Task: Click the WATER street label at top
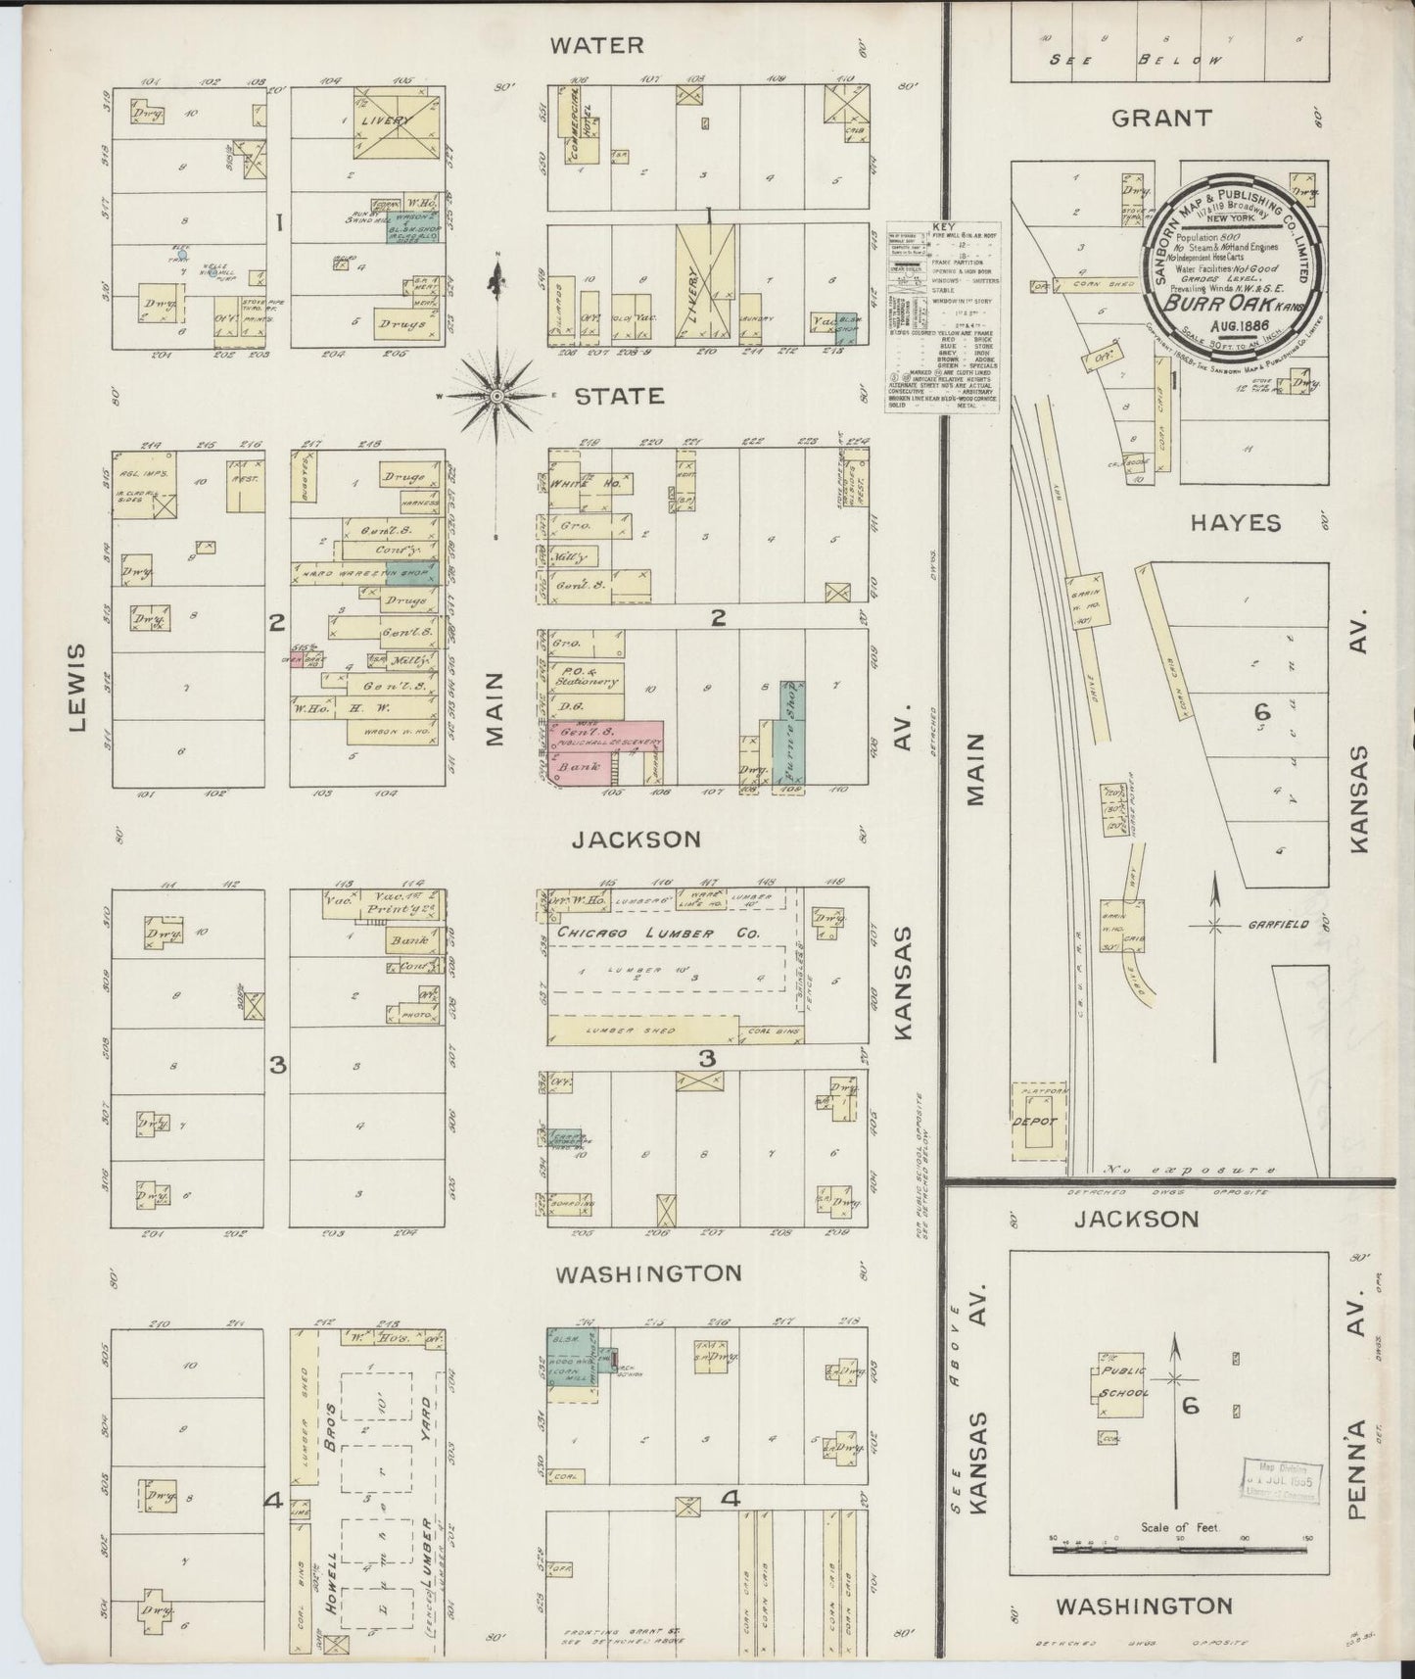click(x=596, y=45)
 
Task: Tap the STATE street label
click(x=618, y=397)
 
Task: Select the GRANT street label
click(x=1161, y=119)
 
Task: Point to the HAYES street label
click(x=1236, y=523)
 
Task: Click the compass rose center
click(x=496, y=395)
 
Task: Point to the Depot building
click(x=1036, y=1122)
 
